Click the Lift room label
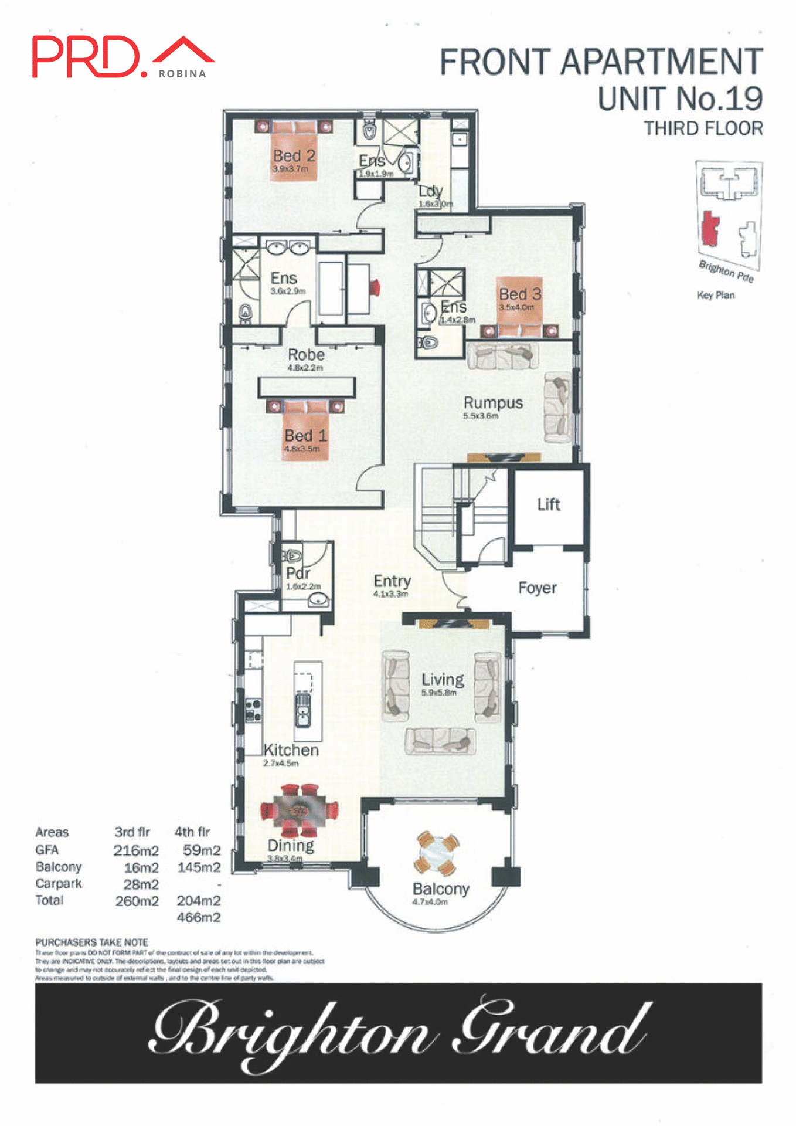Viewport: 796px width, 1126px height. coord(548,504)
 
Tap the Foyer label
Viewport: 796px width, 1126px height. coord(537,588)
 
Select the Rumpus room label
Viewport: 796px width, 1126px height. coord(493,403)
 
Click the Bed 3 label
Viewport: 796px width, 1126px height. coord(519,294)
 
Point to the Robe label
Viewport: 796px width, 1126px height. coord(306,355)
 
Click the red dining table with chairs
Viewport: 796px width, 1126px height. coord(300,810)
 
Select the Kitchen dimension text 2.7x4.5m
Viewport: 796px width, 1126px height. coord(281,763)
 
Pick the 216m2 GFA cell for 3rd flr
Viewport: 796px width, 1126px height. coord(136,850)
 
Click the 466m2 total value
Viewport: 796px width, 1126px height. coord(198,917)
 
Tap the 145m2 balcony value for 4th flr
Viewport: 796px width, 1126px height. coord(199,867)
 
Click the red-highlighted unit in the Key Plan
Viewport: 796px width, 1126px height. coord(710,229)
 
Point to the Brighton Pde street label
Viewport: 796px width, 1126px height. coord(726,270)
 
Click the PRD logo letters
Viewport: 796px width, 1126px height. coord(86,57)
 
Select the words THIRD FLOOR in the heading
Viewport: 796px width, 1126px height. coord(703,128)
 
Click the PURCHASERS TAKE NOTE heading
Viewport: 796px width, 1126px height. coord(92,942)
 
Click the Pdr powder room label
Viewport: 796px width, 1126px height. coord(298,573)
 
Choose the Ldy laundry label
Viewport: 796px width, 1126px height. coord(430,191)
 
